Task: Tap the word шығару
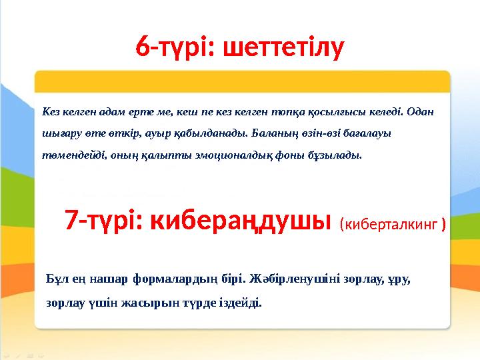point(59,133)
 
